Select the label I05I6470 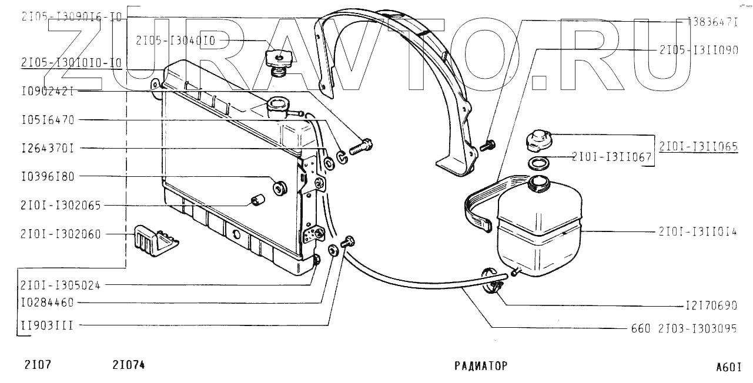47,120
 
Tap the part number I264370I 47,149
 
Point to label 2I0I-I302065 61,206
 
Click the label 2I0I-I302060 61,234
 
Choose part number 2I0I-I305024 61,285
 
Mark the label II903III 47,325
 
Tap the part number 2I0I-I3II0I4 698,231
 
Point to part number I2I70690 711,306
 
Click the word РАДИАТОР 480,366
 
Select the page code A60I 728,368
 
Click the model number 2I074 128,365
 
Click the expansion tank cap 538,139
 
